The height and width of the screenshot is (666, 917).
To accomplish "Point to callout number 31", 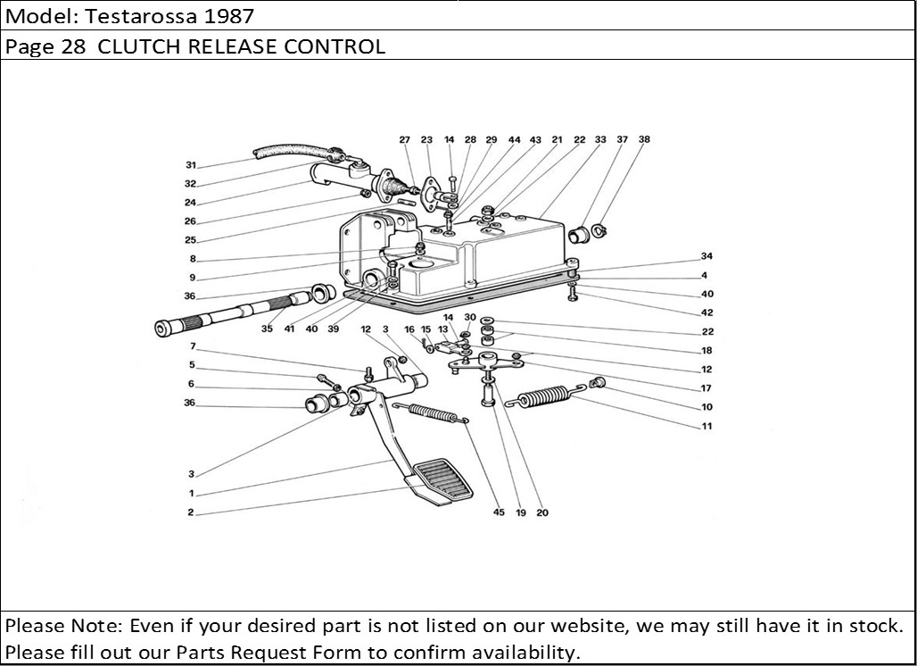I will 191,165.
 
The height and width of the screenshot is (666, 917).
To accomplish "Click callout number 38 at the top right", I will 644,140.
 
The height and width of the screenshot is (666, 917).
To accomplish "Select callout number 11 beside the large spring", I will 706,426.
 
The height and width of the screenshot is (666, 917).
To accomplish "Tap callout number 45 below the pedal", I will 499,512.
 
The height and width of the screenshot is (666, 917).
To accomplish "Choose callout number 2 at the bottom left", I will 191,513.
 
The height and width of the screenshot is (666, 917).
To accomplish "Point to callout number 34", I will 706,257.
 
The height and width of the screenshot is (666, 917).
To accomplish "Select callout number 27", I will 404,140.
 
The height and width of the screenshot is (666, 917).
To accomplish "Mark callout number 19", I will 521,512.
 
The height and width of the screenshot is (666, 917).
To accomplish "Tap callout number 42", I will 706,312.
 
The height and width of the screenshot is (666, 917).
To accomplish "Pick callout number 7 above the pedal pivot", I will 191,346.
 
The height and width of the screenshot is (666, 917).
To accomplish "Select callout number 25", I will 191,240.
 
